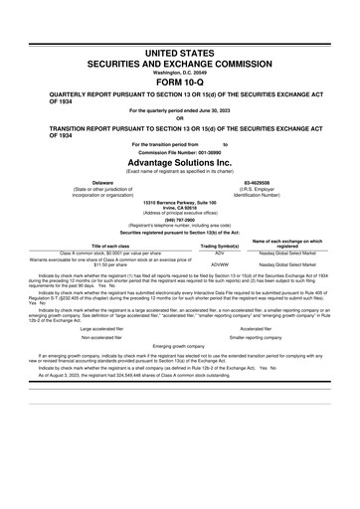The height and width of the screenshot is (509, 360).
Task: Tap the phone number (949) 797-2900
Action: (x=179, y=221)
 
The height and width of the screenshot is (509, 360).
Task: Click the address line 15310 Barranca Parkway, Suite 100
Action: (x=179, y=202)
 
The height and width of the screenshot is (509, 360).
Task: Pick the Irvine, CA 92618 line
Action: (x=179, y=208)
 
